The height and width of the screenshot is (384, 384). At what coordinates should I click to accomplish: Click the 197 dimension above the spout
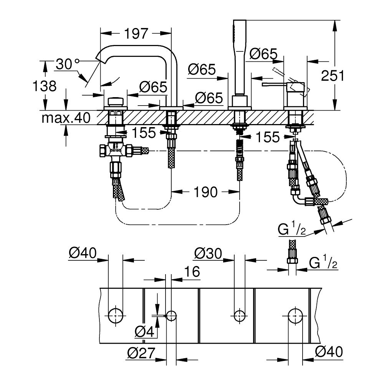click(136, 34)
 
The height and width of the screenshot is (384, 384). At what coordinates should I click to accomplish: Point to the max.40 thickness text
click(66, 118)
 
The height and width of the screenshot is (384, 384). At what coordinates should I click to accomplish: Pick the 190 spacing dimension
click(205, 192)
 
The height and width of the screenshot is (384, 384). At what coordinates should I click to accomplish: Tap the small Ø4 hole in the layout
click(171, 316)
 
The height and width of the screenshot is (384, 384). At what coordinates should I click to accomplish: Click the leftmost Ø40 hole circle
click(116, 316)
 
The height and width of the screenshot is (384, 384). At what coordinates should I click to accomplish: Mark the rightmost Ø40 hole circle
click(295, 316)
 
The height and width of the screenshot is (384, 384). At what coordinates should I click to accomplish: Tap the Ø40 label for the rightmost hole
click(328, 351)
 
